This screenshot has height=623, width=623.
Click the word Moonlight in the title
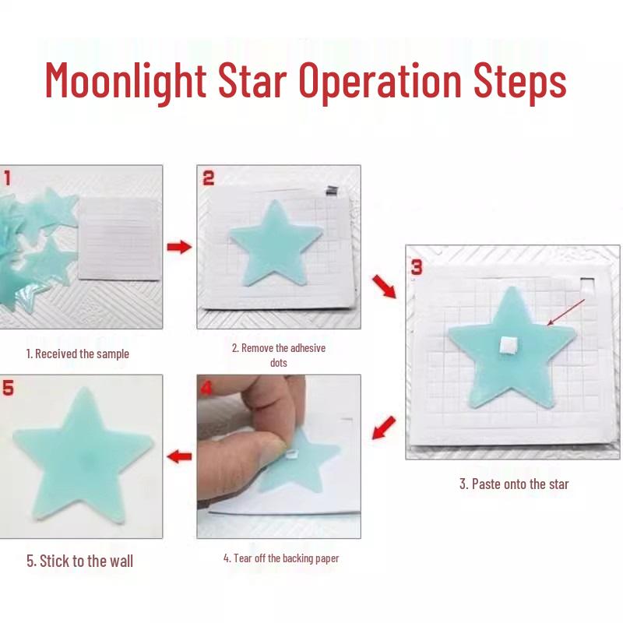(x=125, y=82)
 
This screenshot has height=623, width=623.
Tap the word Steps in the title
(x=519, y=83)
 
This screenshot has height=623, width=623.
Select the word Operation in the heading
(x=380, y=82)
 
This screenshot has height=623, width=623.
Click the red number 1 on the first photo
(x=7, y=178)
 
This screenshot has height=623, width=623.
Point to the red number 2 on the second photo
(x=209, y=178)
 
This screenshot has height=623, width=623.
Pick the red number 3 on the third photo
(x=417, y=267)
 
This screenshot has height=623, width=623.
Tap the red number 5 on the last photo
(x=8, y=388)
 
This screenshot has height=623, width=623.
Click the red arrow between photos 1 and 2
(x=179, y=247)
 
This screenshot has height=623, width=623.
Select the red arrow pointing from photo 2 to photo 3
(x=384, y=287)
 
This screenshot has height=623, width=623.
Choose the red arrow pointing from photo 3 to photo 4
(x=384, y=428)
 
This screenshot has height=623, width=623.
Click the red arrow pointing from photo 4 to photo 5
(x=179, y=456)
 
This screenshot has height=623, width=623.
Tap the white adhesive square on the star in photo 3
(x=508, y=344)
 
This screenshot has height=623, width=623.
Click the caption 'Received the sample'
(x=83, y=354)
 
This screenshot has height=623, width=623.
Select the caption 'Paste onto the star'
(x=520, y=484)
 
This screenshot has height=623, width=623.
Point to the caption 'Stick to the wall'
(x=86, y=561)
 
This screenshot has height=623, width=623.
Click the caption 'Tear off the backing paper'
(x=286, y=558)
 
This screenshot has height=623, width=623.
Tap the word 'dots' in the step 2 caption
(x=279, y=363)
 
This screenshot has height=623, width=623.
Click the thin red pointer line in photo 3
(x=566, y=312)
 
